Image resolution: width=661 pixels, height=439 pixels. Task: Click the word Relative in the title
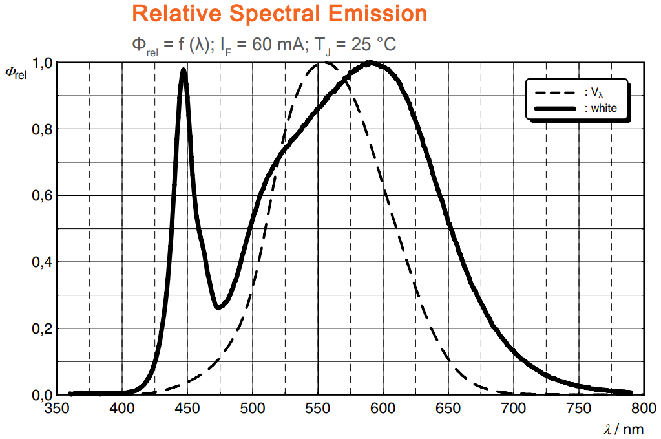click(x=174, y=14)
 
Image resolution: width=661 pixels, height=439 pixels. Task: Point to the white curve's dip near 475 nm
click(x=218, y=307)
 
